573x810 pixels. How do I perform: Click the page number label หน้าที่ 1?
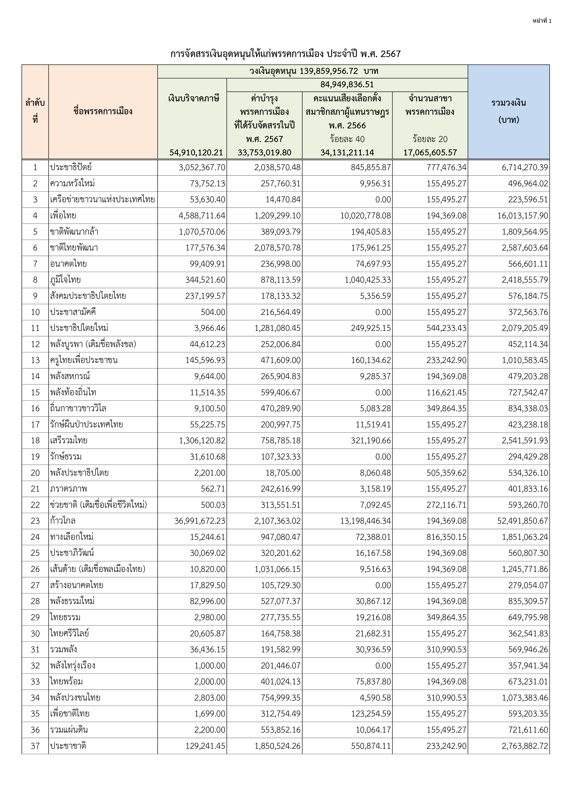click(x=542, y=21)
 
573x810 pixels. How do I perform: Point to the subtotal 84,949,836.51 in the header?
click(x=347, y=85)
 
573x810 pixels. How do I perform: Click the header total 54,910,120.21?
click(x=196, y=152)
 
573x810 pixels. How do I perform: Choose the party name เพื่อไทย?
click(x=63, y=216)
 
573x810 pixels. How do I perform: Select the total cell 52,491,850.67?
click(x=522, y=521)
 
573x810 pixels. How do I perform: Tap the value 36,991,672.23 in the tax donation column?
click(x=200, y=521)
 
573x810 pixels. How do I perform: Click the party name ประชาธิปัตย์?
click(x=71, y=167)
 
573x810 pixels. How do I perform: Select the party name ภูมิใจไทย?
click(x=65, y=280)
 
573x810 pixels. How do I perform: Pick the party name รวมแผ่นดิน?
click(x=69, y=730)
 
